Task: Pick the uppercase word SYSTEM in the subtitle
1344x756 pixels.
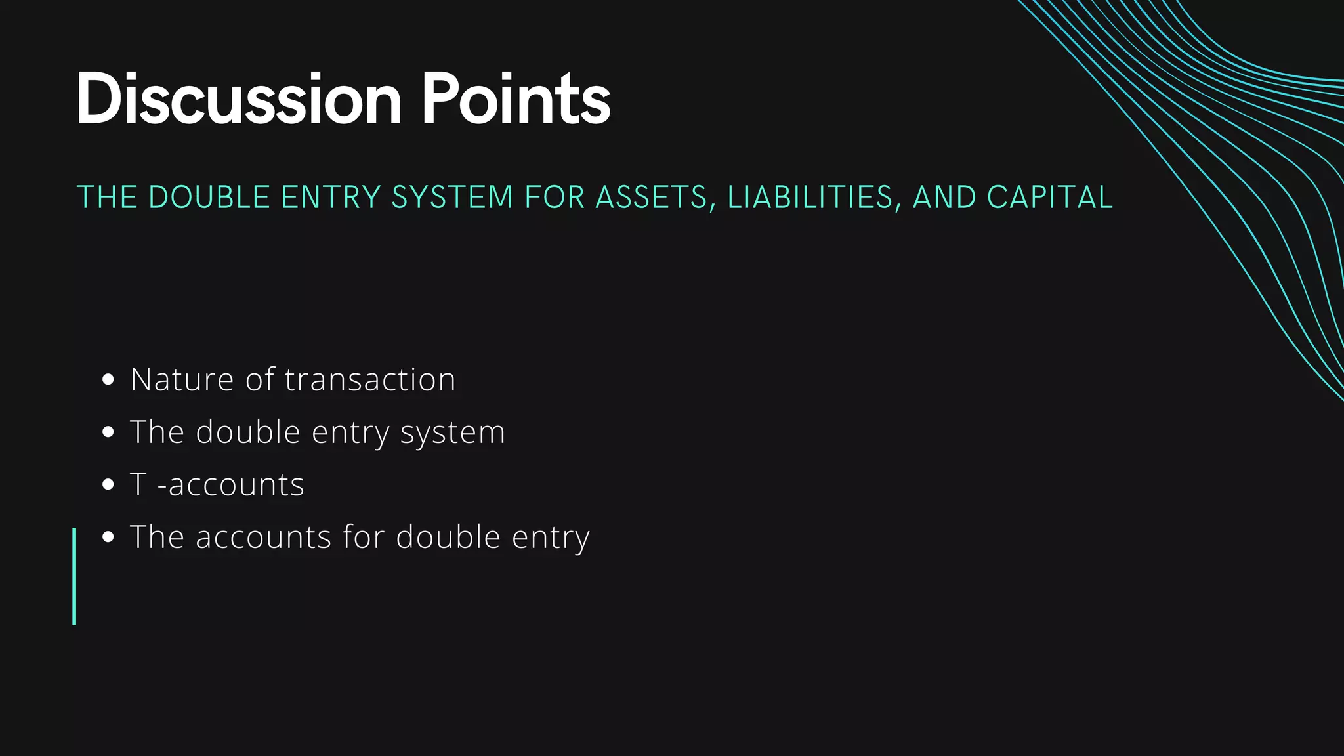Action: (452, 198)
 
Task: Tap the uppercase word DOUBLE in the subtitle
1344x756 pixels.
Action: (209, 198)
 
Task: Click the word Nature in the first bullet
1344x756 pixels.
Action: (182, 379)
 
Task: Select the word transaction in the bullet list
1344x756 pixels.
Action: (370, 379)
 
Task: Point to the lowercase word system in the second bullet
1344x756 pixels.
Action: (453, 433)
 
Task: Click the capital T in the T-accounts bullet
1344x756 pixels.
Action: (138, 485)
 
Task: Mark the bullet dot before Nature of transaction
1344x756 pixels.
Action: (109, 379)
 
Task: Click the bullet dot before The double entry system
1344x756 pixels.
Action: (109, 432)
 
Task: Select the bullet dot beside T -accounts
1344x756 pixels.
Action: (109, 485)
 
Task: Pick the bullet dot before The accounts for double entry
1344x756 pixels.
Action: (109, 537)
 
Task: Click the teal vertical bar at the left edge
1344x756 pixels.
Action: (74, 576)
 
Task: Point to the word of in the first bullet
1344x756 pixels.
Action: (259, 379)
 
